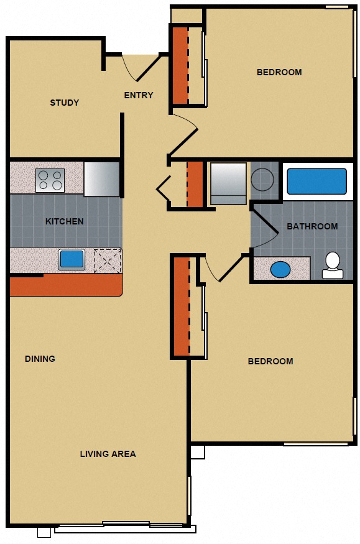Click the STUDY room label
point(65,103)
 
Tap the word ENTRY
point(138,95)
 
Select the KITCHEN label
point(64,221)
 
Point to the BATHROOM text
point(312,226)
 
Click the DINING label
point(40,359)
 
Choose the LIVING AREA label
point(108,454)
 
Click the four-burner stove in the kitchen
point(50,180)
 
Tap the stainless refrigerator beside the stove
point(101,178)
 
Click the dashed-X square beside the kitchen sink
point(107,260)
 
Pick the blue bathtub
point(316,181)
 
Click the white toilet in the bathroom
point(332,265)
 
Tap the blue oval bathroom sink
point(280,269)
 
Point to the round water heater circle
point(262,179)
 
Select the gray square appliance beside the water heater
point(228,183)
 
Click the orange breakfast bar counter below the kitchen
point(65,285)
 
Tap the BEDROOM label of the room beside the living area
point(270,361)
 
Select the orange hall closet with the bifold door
point(195,184)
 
